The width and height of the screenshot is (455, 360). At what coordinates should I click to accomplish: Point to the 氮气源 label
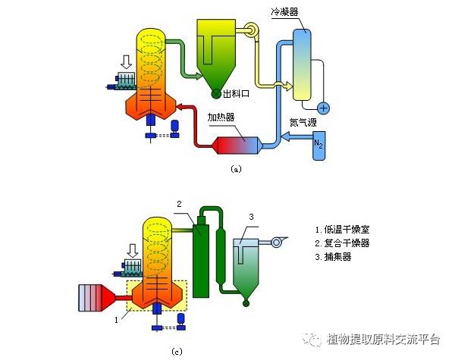point(303,121)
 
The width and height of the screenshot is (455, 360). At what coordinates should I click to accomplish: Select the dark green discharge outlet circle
point(216,95)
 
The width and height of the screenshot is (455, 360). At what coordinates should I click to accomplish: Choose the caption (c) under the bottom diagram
point(176,351)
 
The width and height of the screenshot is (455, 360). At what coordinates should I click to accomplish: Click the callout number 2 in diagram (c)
point(180,203)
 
